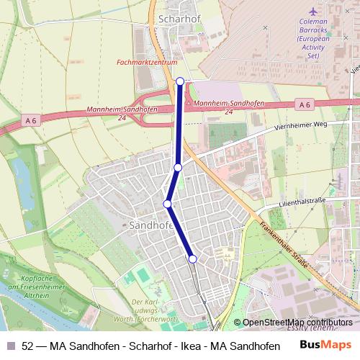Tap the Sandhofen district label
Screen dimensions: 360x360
(x=151, y=225)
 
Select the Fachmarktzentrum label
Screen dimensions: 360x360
(x=147, y=63)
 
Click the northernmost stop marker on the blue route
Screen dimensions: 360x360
(x=180, y=81)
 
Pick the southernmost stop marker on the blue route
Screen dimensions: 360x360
(x=192, y=258)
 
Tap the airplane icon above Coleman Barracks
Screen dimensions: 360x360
(x=312, y=12)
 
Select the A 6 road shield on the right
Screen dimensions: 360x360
(x=304, y=105)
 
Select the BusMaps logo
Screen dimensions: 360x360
(x=325, y=345)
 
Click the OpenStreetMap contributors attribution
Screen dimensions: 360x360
(x=297, y=323)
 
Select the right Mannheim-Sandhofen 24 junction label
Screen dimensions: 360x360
(x=229, y=107)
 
